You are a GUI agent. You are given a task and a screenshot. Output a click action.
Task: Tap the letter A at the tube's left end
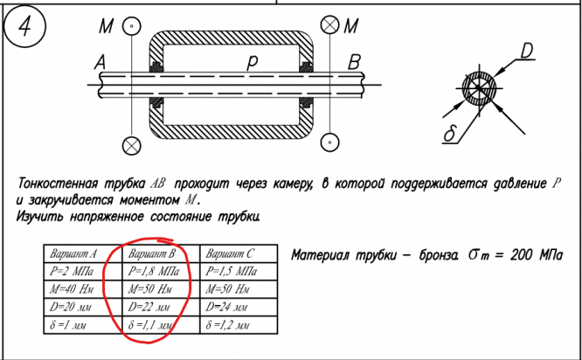pos(98,62)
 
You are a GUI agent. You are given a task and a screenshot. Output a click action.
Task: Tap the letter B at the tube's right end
pos(354,62)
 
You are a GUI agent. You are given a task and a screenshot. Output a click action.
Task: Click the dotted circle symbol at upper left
pos(131,26)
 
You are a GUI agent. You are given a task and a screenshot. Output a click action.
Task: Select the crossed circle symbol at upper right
pos(330,26)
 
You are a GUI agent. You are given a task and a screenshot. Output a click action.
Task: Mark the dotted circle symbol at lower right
pos(330,142)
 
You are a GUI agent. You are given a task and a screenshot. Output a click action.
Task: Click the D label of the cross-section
pos(527,52)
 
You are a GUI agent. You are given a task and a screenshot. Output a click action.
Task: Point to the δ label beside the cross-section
pos(450,134)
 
